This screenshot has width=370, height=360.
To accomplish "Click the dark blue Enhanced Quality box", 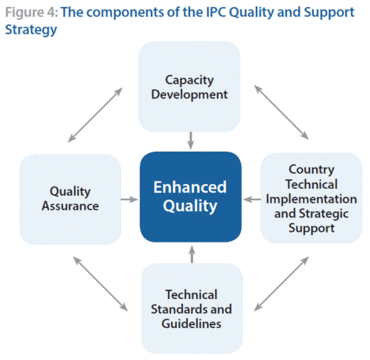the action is point(191,196).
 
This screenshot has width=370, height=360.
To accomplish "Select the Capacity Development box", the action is point(189,87).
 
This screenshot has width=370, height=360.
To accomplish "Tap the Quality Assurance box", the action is point(70,200).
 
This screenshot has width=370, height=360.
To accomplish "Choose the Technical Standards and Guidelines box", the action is point(192,308).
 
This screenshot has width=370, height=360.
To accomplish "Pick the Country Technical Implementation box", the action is point(311,198).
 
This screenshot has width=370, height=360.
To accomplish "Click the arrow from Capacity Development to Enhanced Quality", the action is point(191,141).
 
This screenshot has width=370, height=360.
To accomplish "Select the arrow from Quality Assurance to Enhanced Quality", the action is point(129,200).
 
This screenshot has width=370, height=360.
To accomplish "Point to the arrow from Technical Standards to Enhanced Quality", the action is point(192,254).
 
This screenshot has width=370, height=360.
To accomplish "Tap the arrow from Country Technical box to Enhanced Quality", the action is point(252,200).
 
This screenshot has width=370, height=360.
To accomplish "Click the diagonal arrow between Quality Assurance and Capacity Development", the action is point(95,115).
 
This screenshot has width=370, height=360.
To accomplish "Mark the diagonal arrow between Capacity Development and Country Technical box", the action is point(282,113).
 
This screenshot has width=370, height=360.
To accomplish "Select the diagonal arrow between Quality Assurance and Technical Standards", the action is point(100,284).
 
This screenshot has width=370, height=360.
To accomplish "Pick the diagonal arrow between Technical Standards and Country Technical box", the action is point(282,283).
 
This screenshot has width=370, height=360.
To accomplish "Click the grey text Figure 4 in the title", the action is point(31,13).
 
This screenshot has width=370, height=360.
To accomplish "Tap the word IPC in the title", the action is point(216,12).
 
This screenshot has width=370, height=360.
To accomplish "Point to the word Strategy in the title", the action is point(31,30).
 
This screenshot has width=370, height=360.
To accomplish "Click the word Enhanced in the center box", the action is point(190,187).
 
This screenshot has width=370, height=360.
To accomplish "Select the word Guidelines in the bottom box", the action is point(192,324).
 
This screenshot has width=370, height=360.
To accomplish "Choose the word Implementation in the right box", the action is point(311,199).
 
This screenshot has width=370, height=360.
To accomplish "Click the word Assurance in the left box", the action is point(70,206).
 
